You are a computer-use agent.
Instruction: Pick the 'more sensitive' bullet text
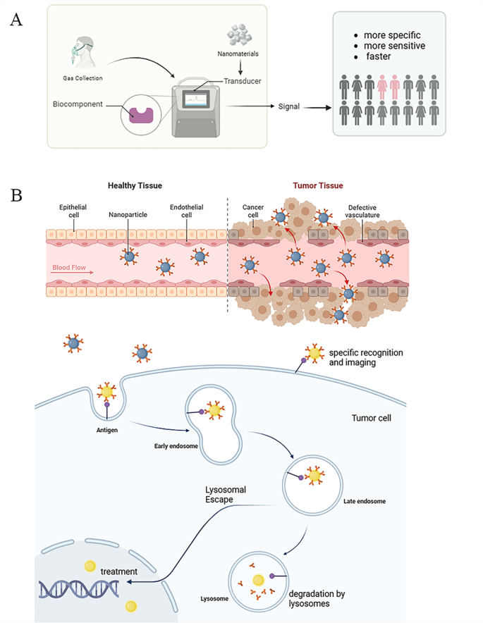coord(396,46)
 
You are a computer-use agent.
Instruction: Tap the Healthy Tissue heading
coord(135,185)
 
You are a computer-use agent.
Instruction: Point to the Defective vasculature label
coord(368,211)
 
